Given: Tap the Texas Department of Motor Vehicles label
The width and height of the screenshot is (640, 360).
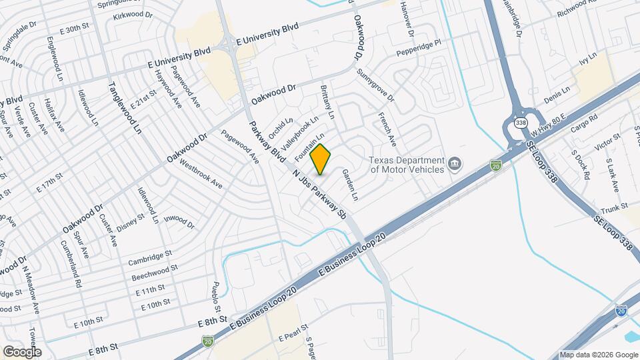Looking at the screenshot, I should point(407,165).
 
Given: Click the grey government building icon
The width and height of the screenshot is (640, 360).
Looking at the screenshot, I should point(455,163).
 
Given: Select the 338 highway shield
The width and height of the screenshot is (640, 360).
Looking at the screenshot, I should point(520,122).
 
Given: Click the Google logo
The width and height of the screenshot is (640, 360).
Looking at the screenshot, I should point(22,352).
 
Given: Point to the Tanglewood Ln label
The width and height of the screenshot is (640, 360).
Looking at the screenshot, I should point(125,107).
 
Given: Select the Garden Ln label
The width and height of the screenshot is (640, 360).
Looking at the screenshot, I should point(350,185).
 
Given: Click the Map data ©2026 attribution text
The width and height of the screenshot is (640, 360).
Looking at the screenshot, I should point(599,355).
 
